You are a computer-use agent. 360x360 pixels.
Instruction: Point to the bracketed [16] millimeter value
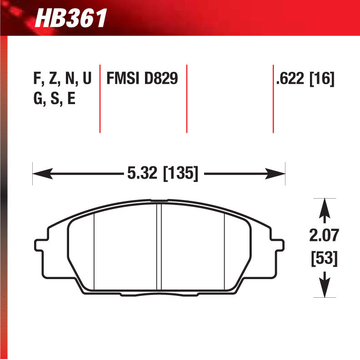[322, 79]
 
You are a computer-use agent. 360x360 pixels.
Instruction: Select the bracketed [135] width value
[180, 173]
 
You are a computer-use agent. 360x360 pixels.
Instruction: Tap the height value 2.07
[324, 236]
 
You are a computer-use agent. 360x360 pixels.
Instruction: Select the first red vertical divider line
[100, 98]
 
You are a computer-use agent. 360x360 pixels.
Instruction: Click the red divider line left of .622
[273, 98]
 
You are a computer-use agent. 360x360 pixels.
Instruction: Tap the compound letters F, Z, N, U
[62, 79]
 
